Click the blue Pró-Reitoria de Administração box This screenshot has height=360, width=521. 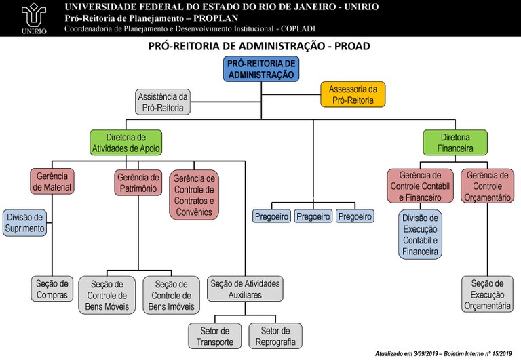260,70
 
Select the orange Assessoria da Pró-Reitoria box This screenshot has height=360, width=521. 353,95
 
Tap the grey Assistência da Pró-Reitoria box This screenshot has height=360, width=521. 163,102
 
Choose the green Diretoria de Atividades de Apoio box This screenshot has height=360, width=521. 125,142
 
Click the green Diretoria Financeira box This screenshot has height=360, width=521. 455,142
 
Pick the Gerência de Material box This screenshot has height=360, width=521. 52,182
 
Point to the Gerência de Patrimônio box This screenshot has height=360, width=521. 138,182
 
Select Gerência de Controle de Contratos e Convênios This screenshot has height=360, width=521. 193,194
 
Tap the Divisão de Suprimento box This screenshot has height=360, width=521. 25,223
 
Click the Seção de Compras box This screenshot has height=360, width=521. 52,289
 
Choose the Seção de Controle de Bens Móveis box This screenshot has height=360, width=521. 108,295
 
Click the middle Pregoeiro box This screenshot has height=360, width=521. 313,216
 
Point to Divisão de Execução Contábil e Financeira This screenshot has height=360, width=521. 421,234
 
